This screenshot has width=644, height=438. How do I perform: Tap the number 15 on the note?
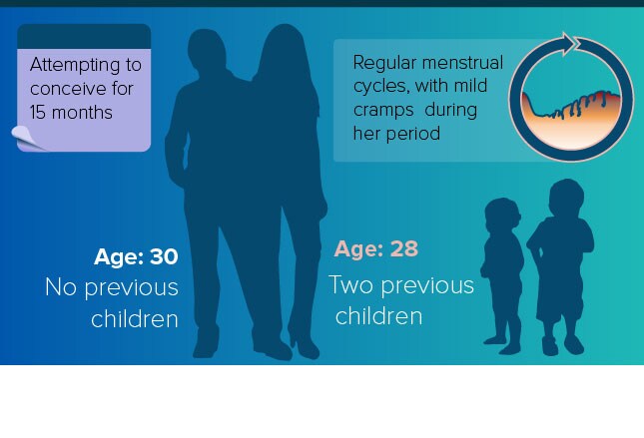pyautogui.click(x=38, y=112)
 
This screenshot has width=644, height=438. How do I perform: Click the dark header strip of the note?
pyautogui.click(x=84, y=37)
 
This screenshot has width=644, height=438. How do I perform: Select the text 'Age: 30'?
pyautogui.click(x=136, y=256)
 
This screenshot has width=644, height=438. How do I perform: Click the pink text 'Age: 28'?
pyautogui.click(x=376, y=248)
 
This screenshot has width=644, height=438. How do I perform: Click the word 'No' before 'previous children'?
pyautogui.click(x=61, y=286)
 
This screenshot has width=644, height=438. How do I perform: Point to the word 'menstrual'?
pyautogui.click(x=462, y=63)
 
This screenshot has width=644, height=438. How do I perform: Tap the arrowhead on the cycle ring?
pyautogui.click(x=568, y=43)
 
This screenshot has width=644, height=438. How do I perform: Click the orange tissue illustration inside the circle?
pyautogui.click(x=571, y=118)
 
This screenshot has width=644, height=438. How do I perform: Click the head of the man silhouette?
pyautogui.click(x=207, y=50)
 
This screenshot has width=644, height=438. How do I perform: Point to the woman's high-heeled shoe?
pyautogui.click(x=304, y=344)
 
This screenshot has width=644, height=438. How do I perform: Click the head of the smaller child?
pyautogui.click(x=502, y=217)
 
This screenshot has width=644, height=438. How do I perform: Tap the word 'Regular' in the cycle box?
pyautogui.click(x=385, y=64)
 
